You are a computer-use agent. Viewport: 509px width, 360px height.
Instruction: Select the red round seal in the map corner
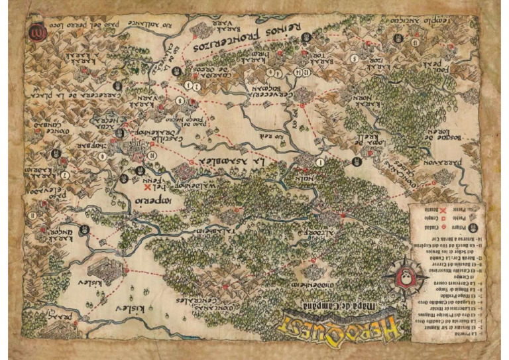33,30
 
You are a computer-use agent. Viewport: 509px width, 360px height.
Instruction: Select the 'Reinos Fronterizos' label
239,40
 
